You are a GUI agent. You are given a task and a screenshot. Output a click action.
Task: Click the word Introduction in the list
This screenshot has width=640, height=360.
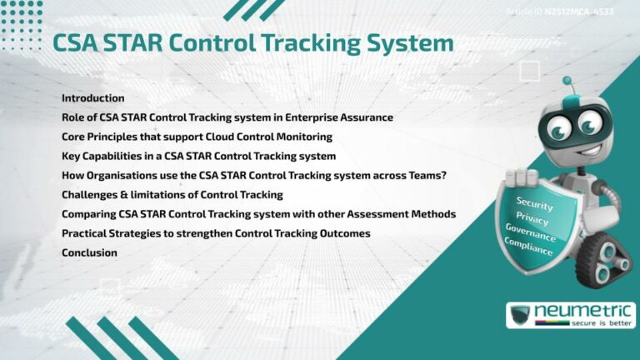coord(92,98)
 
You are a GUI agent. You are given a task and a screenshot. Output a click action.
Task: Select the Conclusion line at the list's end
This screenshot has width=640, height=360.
coord(89,252)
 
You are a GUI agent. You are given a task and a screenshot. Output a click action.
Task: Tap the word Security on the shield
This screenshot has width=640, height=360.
coord(534,202)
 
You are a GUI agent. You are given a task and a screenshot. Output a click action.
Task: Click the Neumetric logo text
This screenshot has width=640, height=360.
coord(583,311)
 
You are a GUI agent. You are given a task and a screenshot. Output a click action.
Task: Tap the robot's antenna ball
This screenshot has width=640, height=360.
coord(567,82)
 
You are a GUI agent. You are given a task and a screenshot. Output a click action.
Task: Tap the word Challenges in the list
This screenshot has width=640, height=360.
coord(90,194)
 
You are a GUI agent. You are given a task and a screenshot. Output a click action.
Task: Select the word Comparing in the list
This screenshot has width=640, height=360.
coord(89,214)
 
